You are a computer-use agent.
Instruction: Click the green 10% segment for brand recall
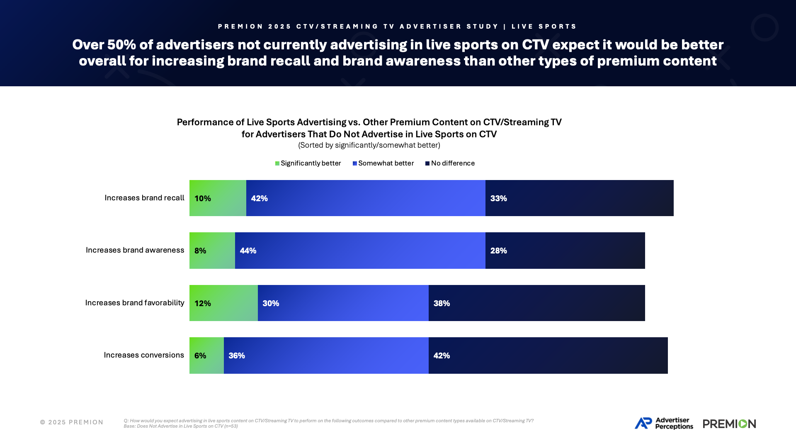[x=218, y=198]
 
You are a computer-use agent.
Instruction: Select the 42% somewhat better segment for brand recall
[x=366, y=198]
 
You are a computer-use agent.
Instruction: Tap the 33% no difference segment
[x=579, y=198]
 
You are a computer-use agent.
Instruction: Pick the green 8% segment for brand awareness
[x=212, y=250]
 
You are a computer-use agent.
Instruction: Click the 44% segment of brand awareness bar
[x=360, y=250]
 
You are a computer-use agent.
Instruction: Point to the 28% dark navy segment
[x=565, y=250]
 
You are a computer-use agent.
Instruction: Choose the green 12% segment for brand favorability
[x=223, y=303]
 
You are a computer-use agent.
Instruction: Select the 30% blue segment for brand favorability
[x=343, y=303]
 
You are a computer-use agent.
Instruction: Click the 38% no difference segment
[x=536, y=303]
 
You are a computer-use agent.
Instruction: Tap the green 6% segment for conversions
[x=206, y=355]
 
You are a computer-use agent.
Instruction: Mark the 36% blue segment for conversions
[x=326, y=355]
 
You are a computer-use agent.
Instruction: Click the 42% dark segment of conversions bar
[x=548, y=355]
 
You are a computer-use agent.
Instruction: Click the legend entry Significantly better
[x=308, y=163]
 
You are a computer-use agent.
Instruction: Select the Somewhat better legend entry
[x=383, y=163]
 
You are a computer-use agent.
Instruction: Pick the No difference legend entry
[x=450, y=163]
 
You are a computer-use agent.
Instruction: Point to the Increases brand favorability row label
[x=135, y=303]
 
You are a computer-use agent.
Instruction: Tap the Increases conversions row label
[x=144, y=355]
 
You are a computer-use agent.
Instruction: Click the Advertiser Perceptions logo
[x=664, y=423]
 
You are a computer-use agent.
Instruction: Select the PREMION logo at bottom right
[x=729, y=424]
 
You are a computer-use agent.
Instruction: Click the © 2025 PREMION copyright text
[x=72, y=422]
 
